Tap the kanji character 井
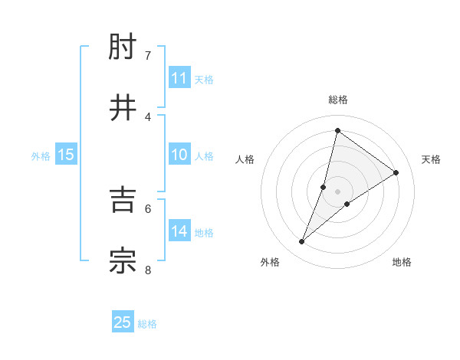coord(123,106)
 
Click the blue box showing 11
coord(179,78)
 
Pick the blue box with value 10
coord(179,155)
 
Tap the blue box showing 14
coord(179,231)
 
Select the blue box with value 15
coord(66,155)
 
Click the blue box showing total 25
coord(123,322)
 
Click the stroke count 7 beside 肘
coord(148,55)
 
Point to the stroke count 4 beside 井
coord(148,116)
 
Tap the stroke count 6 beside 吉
coord(148,208)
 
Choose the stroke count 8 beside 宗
coord(148,270)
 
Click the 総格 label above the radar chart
coord(337,100)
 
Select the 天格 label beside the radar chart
coord(431,159)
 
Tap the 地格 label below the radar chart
coord(402,262)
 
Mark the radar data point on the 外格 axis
coord(302,242)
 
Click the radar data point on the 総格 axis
coord(337,130)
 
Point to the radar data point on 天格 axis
coord(396,172)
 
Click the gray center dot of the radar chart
coord(337,191)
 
